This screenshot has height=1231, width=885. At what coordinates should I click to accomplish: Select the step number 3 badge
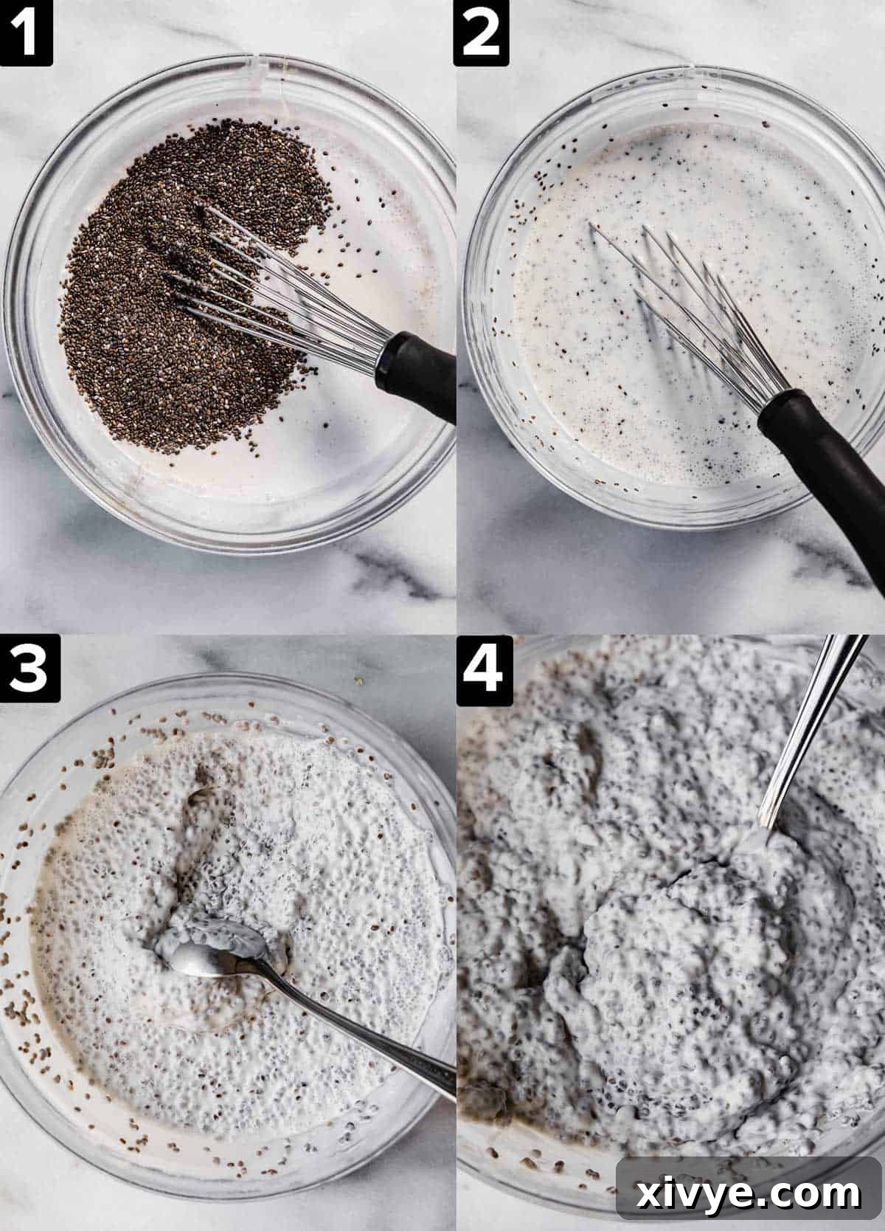point(27,669)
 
